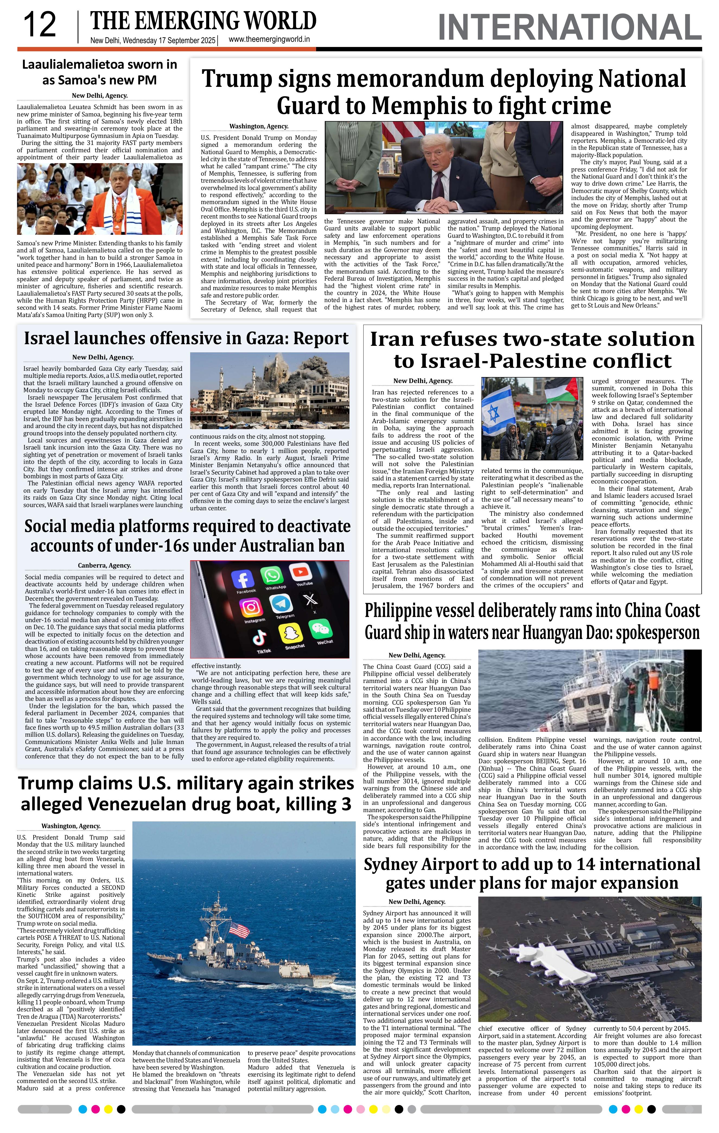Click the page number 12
40,25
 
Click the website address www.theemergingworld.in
269,40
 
